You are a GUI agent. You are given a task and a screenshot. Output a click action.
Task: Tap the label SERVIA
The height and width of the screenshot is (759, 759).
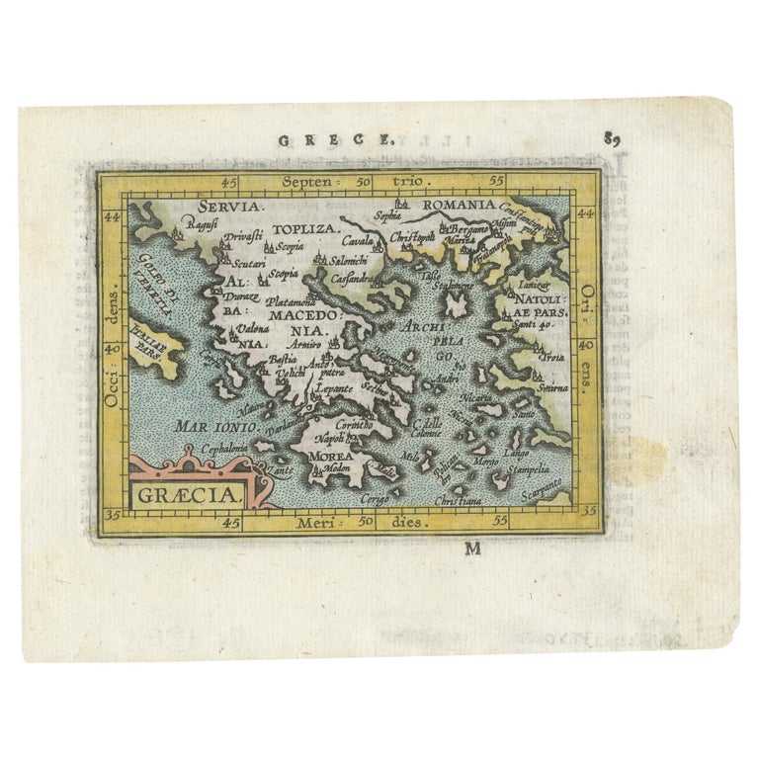pyautogui.click(x=229, y=208)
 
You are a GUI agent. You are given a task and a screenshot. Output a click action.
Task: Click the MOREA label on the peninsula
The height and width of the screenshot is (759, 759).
pyautogui.click(x=332, y=460)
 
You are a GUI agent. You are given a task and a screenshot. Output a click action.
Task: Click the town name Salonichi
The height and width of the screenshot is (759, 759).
pyautogui.click(x=349, y=260)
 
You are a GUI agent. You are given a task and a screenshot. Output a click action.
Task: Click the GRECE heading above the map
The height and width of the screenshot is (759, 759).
pyautogui.click(x=335, y=139)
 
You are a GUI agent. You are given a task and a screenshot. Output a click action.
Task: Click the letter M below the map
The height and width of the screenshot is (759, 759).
pyautogui.click(x=472, y=548)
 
